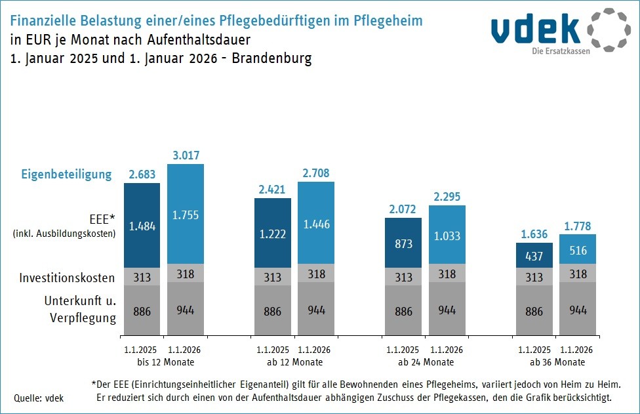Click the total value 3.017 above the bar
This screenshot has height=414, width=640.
coord(186,155)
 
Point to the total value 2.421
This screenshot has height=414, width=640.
coord(273,190)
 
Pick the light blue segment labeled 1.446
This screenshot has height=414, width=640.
coord(316,223)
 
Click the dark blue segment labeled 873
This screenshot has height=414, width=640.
coord(403,243)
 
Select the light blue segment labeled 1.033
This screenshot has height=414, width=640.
coord(447,235)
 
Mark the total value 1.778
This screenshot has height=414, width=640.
coord(578,226)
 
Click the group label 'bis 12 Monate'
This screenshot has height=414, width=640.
coord(164,362)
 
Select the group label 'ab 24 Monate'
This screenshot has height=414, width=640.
coord(426,362)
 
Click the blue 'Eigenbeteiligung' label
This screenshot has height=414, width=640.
coord(67,175)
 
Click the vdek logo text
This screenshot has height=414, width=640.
coord(536,30)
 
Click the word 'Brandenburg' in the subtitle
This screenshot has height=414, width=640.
coord(271,58)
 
